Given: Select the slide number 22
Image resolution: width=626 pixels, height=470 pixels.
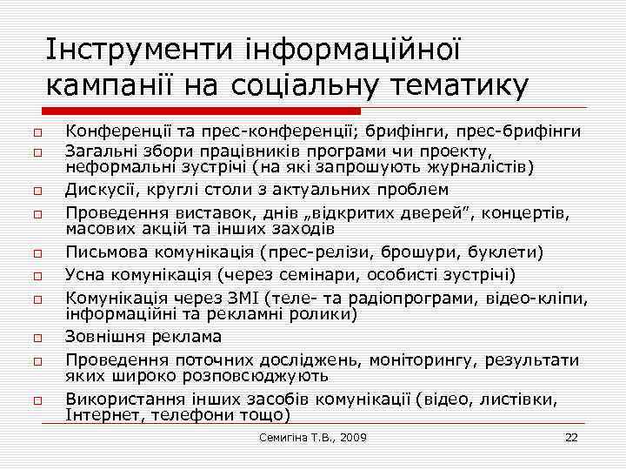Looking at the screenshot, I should click(x=571, y=436).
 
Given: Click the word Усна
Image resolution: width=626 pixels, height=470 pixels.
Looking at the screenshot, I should click(x=85, y=275).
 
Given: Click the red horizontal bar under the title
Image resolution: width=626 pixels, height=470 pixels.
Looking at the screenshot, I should click(x=200, y=111).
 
